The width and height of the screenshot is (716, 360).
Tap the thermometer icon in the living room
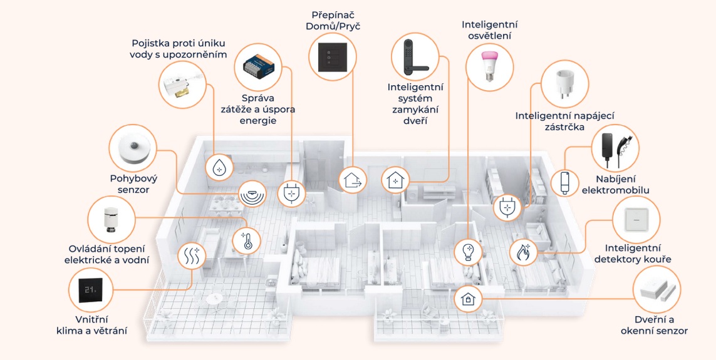(247, 240)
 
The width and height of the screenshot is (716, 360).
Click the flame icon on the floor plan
(523, 252)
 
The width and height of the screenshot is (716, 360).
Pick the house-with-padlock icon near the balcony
(467, 299)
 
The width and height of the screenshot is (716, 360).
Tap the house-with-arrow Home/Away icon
(353, 179)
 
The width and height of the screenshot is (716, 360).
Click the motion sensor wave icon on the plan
(252, 194)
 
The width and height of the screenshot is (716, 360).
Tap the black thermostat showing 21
(92, 291)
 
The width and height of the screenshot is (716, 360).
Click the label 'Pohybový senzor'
(133, 184)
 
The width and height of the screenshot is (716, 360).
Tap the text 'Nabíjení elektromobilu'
(615, 185)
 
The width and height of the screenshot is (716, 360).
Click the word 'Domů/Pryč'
(333, 26)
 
